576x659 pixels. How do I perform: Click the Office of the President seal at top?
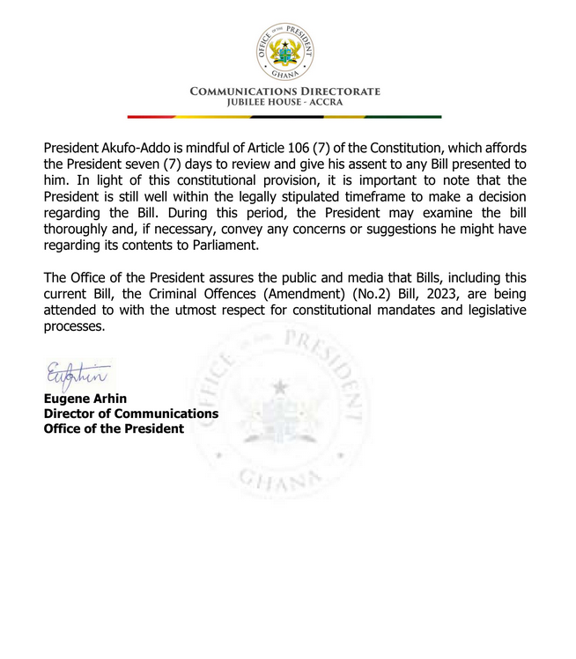pyautogui.click(x=284, y=50)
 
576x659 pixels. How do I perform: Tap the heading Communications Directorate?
pyautogui.click(x=285, y=91)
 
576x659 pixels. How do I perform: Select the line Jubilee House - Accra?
pyautogui.click(x=285, y=102)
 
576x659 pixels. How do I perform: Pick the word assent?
pyautogui.click(x=392, y=164)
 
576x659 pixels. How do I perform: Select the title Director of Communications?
pyautogui.click(x=131, y=414)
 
